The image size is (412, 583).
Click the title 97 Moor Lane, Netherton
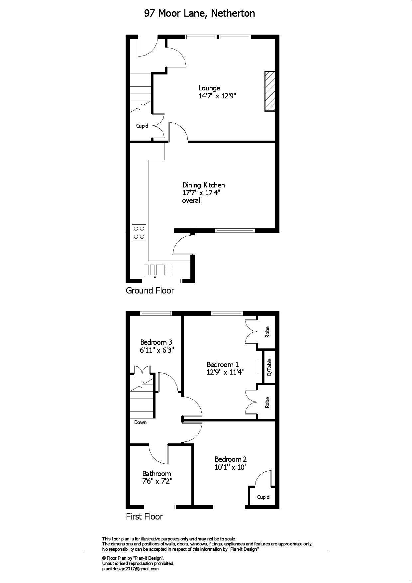coord(199,13)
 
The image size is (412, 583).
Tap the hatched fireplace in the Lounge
coord(270,91)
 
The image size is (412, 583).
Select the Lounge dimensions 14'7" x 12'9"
coord(217,96)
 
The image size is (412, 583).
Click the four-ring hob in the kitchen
coord(139,232)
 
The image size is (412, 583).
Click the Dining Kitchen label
coord(203,185)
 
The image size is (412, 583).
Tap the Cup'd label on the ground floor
coord(142,126)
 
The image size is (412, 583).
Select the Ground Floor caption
coord(150,291)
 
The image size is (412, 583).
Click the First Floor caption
coord(144,517)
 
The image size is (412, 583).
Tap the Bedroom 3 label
coord(156,342)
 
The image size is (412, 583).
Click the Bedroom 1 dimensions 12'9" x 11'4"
coord(226,372)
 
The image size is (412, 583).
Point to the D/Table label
coord(269,367)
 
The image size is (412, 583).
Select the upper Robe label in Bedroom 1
coord(267,332)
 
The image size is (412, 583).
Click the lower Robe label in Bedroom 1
coord(267,403)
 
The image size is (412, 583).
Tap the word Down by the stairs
coord(140,422)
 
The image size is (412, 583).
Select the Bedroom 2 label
coord(231,459)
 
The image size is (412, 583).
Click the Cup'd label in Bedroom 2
coord(263,497)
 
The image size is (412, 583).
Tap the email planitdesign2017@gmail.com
coord(130,569)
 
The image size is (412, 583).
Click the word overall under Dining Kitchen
coord(192,200)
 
